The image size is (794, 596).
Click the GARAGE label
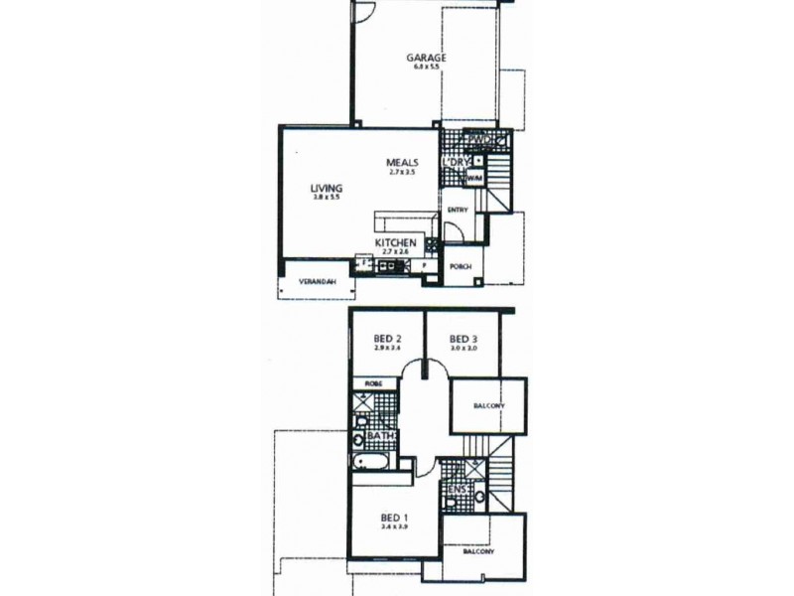pyautogui.click(x=426, y=58)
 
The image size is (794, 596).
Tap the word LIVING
pyautogui.click(x=326, y=187)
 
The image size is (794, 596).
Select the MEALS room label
pyautogui.click(x=407, y=163)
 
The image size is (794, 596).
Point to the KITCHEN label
pyautogui.click(x=395, y=242)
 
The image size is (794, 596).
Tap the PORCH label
pyautogui.click(x=460, y=267)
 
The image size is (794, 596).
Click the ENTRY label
pyautogui.click(x=458, y=210)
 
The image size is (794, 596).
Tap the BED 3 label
pyautogui.click(x=463, y=337)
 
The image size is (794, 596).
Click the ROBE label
pyautogui.click(x=373, y=383)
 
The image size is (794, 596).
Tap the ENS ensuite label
pyautogui.click(x=458, y=489)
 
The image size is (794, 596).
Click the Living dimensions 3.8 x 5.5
pyautogui.click(x=326, y=199)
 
